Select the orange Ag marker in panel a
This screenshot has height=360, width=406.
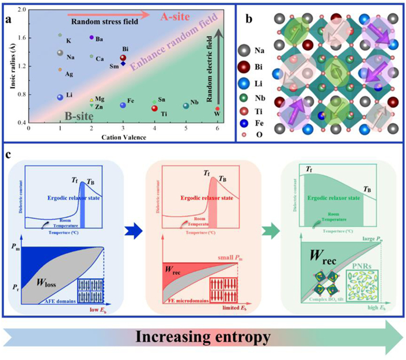tap(60, 70)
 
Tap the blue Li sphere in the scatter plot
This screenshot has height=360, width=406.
tap(60, 98)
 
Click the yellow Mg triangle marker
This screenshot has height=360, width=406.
tap(92, 100)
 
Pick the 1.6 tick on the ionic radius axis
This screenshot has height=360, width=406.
tap(21, 38)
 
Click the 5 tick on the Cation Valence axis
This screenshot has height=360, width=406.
tap(186, 128)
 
